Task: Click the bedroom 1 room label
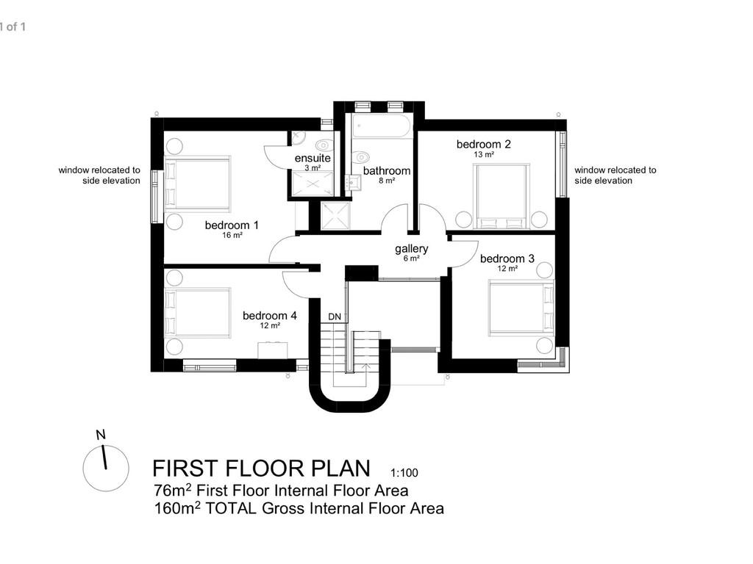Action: tap(231, 225)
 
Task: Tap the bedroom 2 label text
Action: tap(483, 144)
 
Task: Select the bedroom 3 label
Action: tap(507, 258)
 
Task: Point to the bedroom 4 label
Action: tap(270, 315)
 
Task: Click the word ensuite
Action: tap(313, 159)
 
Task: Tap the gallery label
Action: tap(411, 248)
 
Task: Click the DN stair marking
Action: tap(335, 317)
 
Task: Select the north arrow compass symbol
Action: tap(105, 468)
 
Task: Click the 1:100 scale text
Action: tap(404, 474)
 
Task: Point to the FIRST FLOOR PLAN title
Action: tap(262, 469)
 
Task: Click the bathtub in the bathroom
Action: tap(381, 127)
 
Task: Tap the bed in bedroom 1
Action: tap(197, 183)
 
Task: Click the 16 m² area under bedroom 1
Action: tap(232, 236)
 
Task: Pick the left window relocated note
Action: tap(99, 175)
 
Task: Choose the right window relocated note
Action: tap(615, 175)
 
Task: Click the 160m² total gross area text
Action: tap(299, 508)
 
